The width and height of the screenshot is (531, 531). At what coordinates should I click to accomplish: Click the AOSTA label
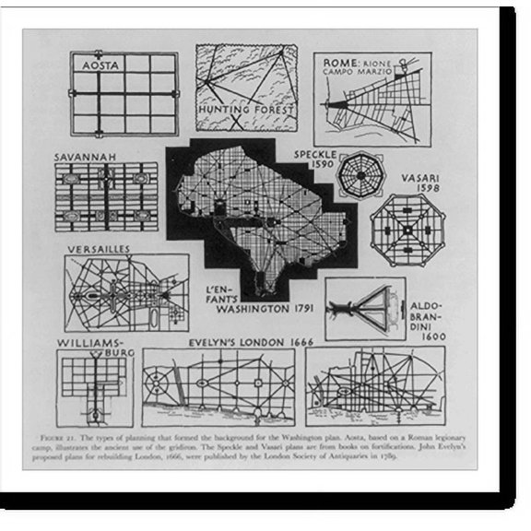point(99,66)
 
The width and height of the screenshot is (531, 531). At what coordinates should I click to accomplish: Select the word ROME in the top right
point(332,63)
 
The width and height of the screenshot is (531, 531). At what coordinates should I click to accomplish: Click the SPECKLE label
point(316,154)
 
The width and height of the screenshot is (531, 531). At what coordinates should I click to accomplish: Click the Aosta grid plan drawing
point(124,93)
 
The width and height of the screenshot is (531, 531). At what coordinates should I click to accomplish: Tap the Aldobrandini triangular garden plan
point(363,305)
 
